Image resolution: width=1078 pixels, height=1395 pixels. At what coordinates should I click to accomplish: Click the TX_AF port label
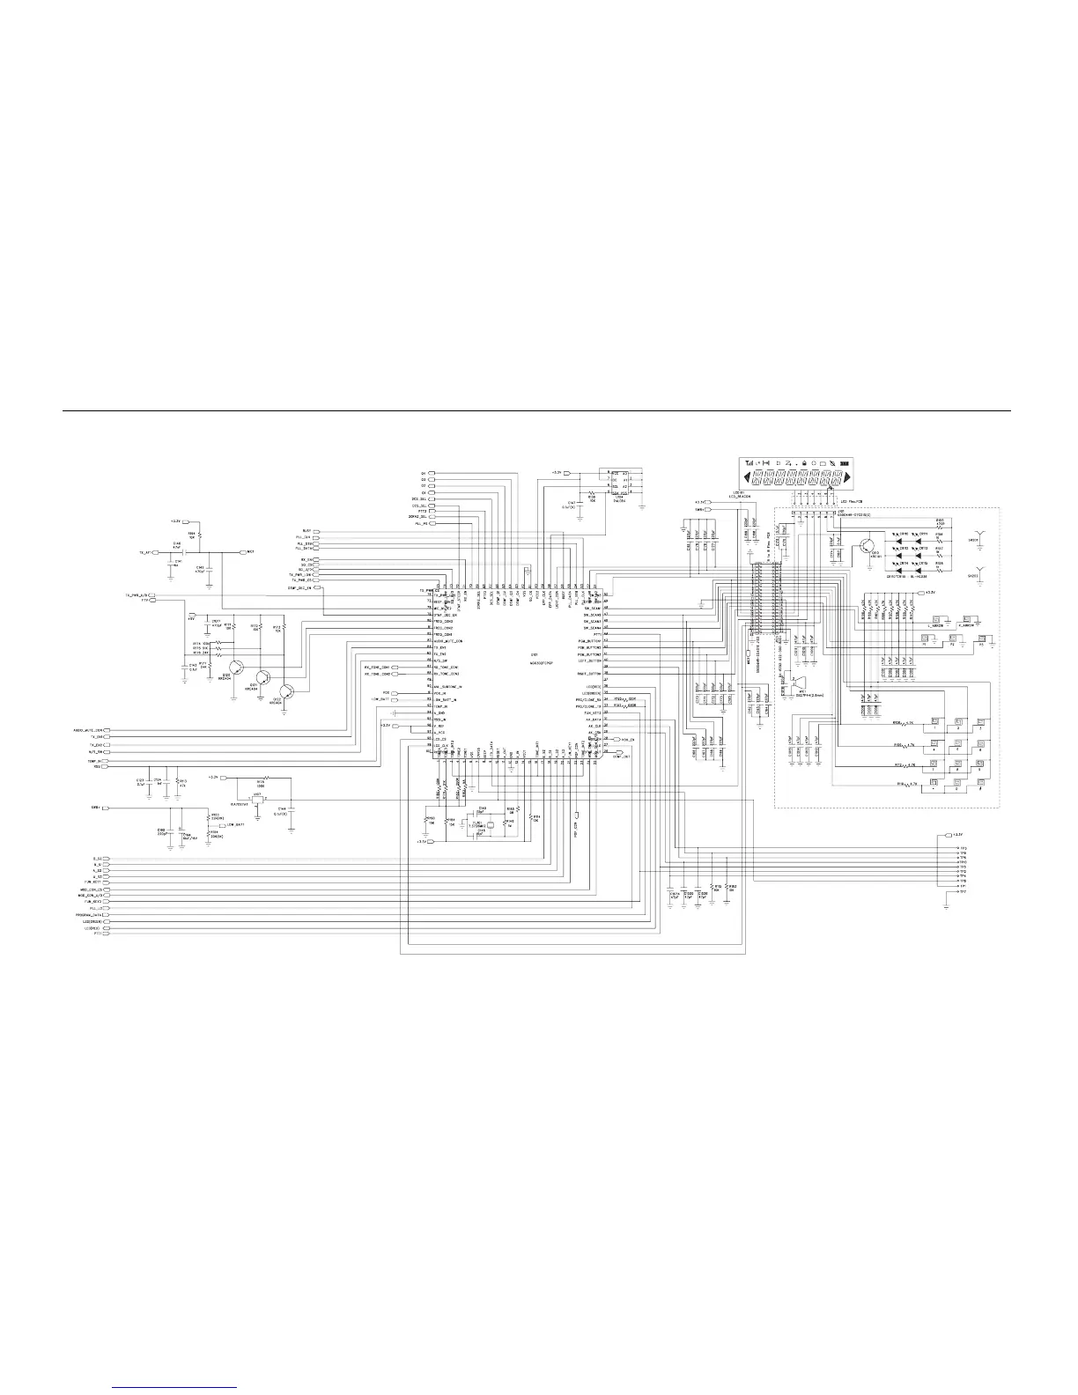(143, 552)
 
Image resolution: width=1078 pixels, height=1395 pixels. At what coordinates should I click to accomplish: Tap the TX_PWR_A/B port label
(137, 596)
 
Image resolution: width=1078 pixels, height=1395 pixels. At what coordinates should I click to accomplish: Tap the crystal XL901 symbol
(481, 825)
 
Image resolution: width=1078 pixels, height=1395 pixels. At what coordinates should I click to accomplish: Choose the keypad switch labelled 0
(957, 782)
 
